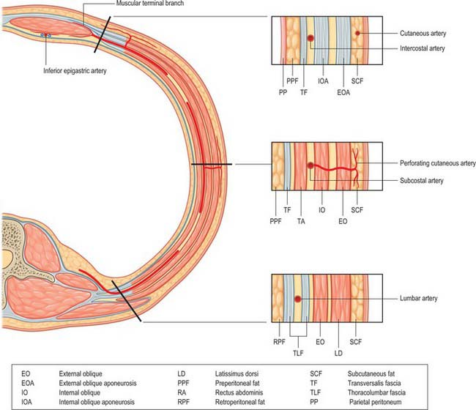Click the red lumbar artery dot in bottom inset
tap(297, 299)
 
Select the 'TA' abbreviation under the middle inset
tap(302, 218)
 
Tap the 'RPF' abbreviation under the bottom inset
tap(279, 341)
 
